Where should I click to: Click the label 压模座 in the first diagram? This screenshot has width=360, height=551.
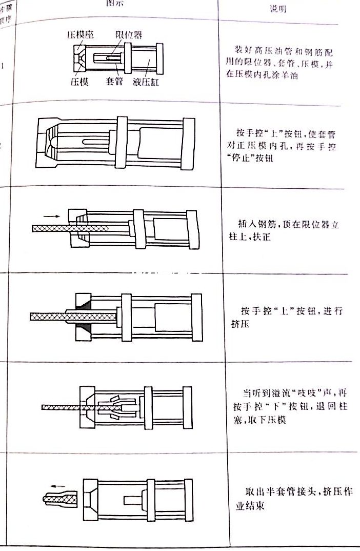click(79, 34)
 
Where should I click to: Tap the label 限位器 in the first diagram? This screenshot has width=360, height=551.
click(128, 34)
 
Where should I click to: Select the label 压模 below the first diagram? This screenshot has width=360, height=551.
click(79, 82)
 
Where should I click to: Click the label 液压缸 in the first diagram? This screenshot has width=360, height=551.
click(146, 82)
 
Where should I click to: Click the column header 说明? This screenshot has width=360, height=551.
click(277, 9)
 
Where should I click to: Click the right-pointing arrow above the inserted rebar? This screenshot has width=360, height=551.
click(51, 217)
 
